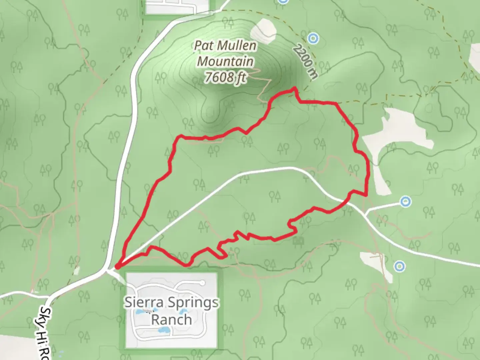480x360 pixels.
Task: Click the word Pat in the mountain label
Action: click(203, 46)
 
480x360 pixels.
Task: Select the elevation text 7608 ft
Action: click(225, 77)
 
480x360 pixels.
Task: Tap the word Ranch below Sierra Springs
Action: click(172, 319)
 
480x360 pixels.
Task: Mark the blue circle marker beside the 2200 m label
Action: click(313, 39)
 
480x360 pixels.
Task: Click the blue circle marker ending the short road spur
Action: click(405, 201)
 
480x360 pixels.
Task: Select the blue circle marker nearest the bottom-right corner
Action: click(399, 266)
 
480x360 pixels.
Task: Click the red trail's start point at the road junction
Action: click(117, 267)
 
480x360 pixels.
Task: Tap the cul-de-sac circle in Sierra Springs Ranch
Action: click(202, 283)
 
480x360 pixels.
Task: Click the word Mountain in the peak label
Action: click(225, 61)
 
